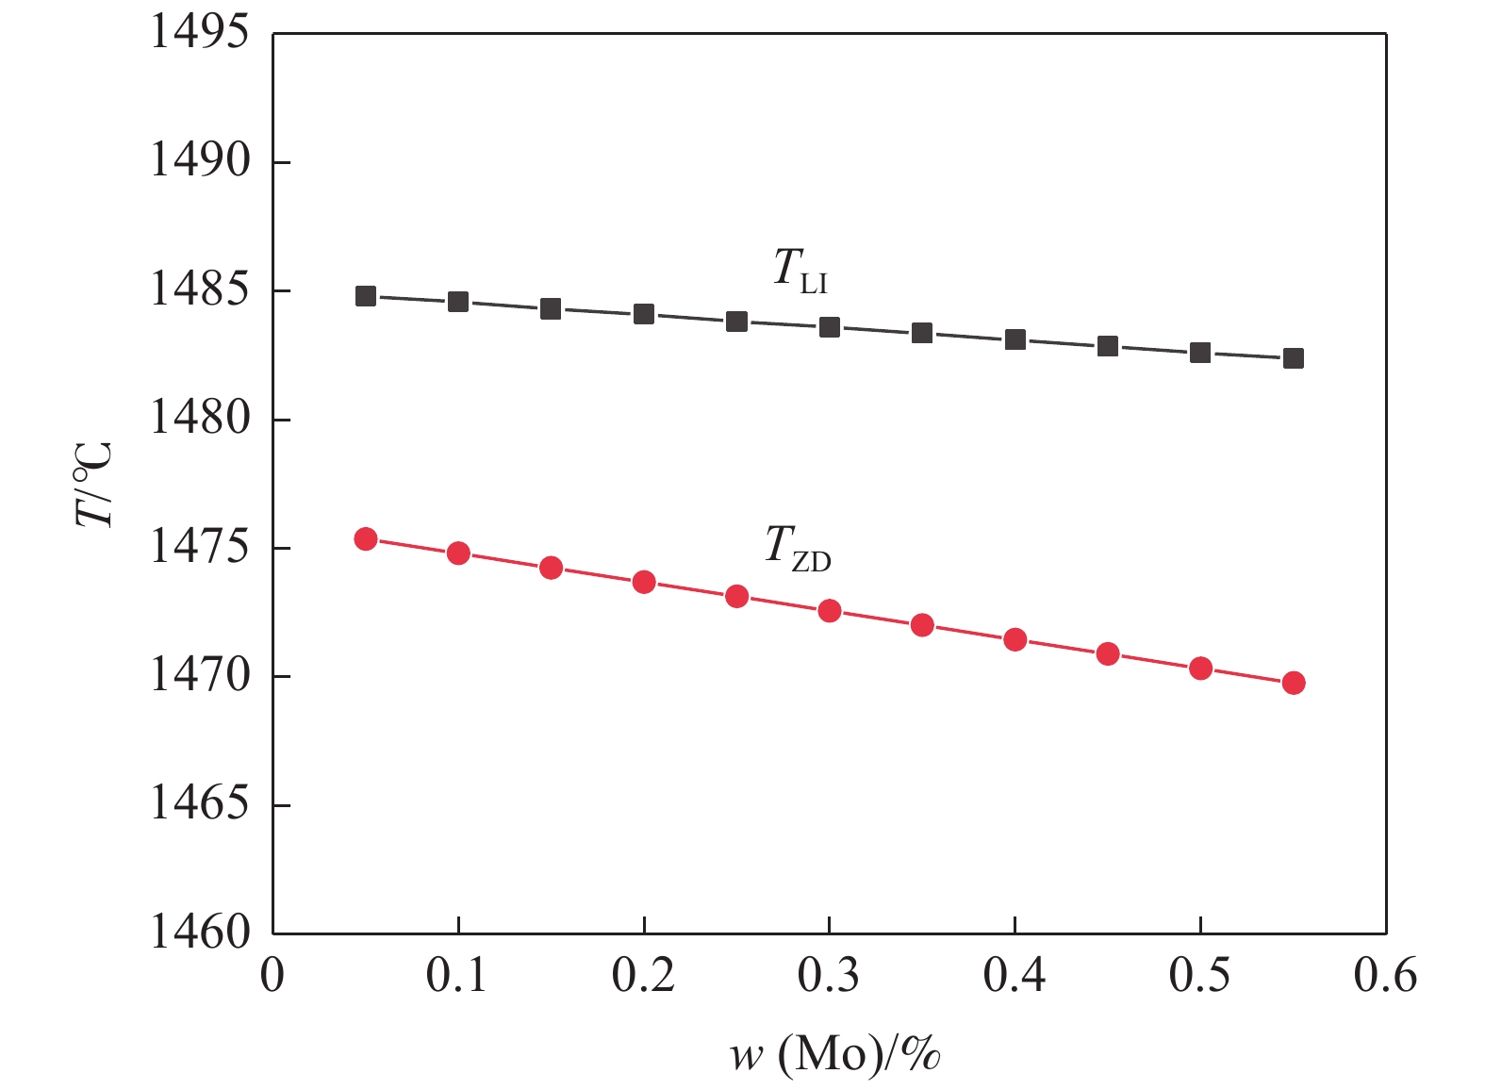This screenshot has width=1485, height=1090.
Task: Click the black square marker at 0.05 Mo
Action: pyautogui.click(x=366, y=296)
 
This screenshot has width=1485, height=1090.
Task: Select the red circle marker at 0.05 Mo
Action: pyautogui.click(x=366, y=539)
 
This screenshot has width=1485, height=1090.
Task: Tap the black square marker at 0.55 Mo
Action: pyautogui.click(x=1294, y=358)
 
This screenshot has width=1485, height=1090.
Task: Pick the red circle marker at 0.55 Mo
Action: pyautogui.click(x=1294, y=683)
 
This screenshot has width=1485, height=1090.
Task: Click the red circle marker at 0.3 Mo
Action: pyautogui.click(x=830, y=611)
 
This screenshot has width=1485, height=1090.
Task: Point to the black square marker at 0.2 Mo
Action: pyautogui.click(x=644, y=314)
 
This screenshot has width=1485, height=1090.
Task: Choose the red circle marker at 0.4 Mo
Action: pyautogui.click(x=1015, y=640)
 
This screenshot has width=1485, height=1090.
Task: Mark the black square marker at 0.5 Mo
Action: pyautogui.click(x=1200, y=353)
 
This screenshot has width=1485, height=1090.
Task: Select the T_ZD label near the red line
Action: pyautogui.click(x=798, y=548)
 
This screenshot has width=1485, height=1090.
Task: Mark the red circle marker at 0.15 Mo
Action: pyautogui.click(x=552, y=568)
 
